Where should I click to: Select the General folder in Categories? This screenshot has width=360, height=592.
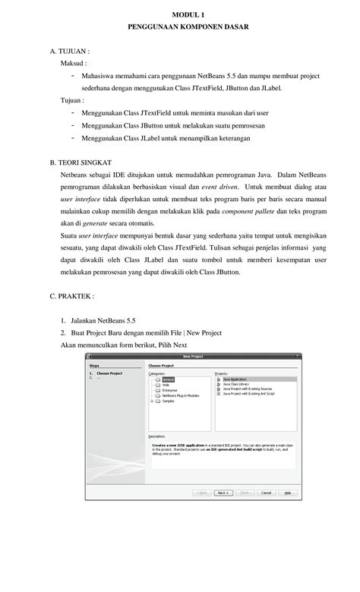(167, 379)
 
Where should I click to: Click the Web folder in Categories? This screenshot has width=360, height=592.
(166, 385)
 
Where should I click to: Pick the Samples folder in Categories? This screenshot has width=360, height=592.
(168, 401)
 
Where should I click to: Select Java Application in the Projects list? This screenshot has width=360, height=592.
(235, 379)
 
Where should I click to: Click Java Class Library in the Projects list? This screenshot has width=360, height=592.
(236, 385)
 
